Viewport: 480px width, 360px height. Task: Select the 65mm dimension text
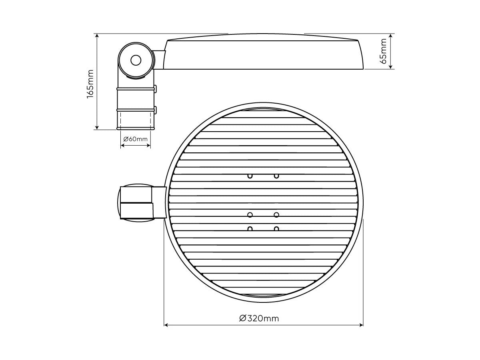[383, 51]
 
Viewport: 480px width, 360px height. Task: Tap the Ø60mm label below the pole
[135, 139]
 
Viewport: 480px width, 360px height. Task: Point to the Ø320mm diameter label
[259, 318]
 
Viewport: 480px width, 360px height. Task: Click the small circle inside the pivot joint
[136, 60]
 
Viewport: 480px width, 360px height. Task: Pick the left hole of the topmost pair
[250, 176]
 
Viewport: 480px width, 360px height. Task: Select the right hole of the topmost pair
[276, 176]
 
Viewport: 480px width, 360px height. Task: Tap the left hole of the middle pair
[250, 215]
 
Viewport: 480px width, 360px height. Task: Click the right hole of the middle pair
[276, 215]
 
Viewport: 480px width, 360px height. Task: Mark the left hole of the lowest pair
[250, 229]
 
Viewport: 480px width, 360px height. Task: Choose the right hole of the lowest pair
[276, 229]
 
